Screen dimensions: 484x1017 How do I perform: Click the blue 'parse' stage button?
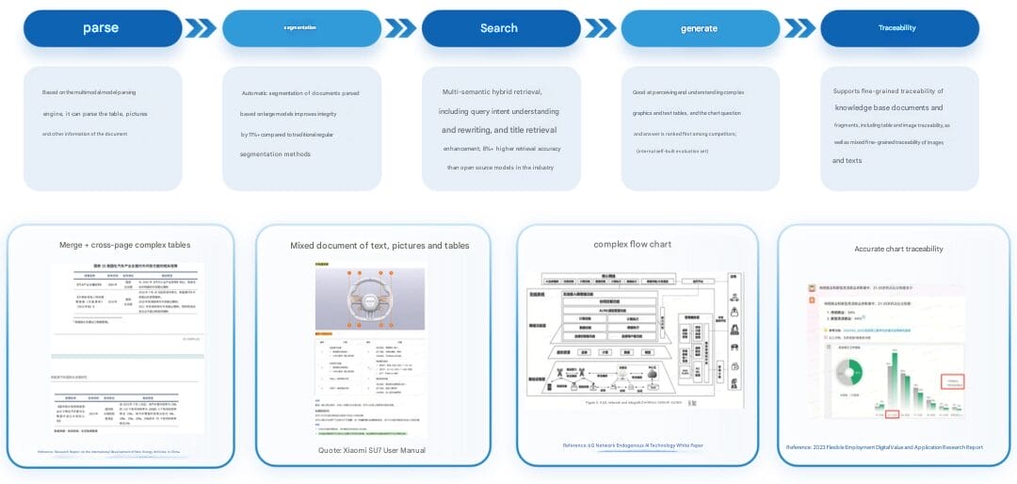[x=102, y=28]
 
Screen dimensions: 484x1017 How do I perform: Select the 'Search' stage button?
[x=500, y=28]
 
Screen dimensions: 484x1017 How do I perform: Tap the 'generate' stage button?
[x=699, y=28]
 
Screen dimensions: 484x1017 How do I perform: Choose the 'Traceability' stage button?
[x=897, y=28]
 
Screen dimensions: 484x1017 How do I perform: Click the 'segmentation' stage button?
[x=300, y=28]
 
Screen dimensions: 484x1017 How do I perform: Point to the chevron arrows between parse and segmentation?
[x=201, y=28]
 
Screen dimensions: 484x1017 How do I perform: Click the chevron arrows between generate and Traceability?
[x=799, y=28]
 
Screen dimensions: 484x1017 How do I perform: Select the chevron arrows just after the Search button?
[x=600, y=28]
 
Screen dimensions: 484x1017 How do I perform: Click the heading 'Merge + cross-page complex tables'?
[x=124, y=245]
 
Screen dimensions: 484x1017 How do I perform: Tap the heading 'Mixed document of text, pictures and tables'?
[x=379, y=246]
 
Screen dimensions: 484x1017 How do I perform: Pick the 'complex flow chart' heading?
[x=632, y=244]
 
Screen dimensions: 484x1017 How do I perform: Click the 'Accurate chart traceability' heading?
[x=898, y=249]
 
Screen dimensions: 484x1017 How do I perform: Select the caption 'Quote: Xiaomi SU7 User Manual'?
[x=372, y=451]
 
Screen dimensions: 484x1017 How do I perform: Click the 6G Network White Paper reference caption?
[x=633, y=445]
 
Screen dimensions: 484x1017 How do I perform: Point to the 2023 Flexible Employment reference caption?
[x=884, y=447]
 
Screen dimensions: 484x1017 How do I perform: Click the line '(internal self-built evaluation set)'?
[x=671, y=151]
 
